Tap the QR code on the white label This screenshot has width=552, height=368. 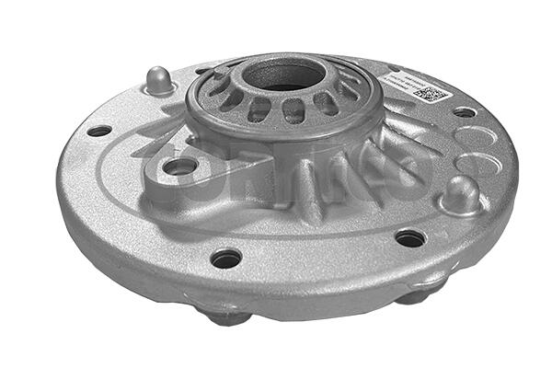[x=431, y=93]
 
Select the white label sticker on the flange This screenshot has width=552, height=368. [x=417, y=86]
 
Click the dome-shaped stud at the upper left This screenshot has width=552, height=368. [x=160, y=81]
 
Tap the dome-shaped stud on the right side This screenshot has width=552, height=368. [x=461, y=194]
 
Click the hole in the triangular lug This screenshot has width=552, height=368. [x=181, y=167]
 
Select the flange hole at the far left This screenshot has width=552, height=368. [x=98, y=131]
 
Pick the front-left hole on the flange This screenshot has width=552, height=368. [x=225, y=259]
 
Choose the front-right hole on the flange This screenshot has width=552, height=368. [x=410, y=238]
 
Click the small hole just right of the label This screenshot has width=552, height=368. [x=465, y=112]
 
